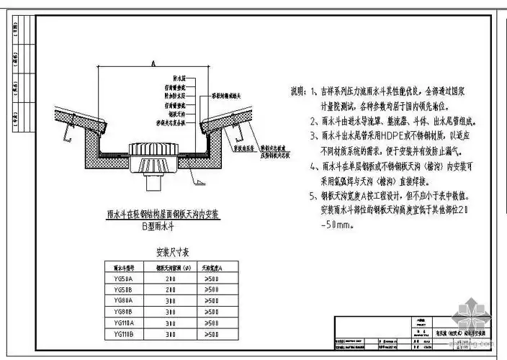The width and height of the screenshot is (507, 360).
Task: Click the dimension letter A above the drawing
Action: (153, 63)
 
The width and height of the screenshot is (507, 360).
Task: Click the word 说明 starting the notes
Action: (297, 92)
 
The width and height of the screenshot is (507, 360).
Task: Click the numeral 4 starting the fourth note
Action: (314, 165)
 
